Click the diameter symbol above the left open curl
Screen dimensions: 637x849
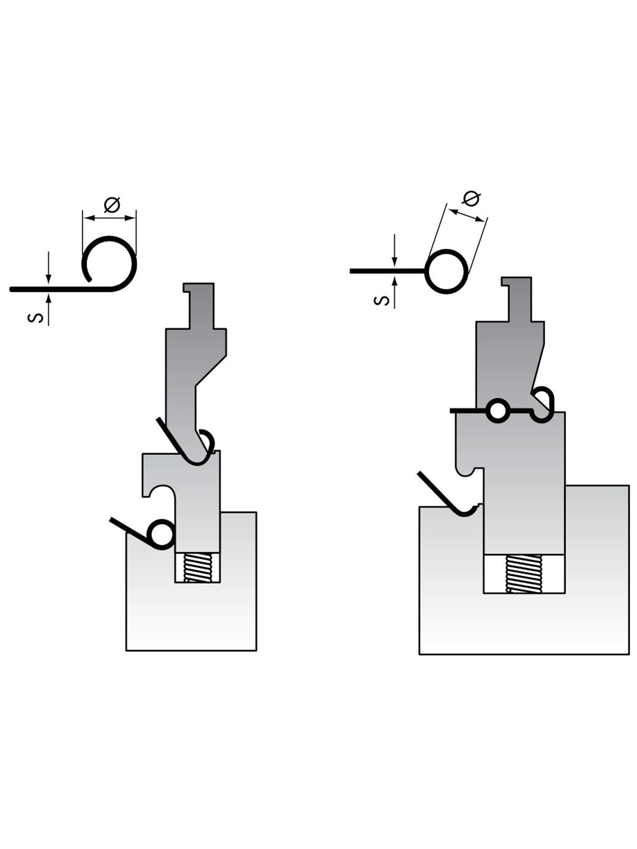[112, 205]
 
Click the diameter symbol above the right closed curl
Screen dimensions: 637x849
[471, 199]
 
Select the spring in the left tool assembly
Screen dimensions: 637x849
[198, 568]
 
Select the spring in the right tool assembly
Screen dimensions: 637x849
[523, 573]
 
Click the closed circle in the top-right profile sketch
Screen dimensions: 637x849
[447, 272]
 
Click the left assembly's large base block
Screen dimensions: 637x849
[191, 597]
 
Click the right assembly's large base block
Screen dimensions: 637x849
[524, 589]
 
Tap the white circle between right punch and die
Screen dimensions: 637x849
[497, 411]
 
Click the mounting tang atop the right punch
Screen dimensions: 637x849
[517, 299]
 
